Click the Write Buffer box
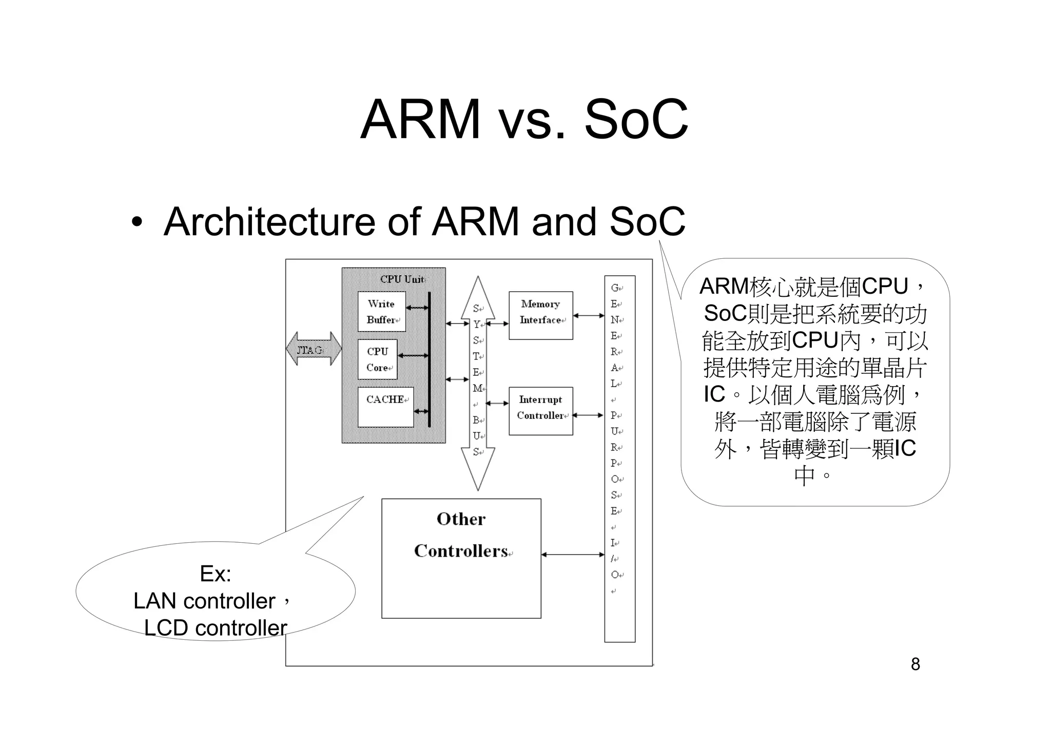[381, 311]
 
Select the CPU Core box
[377, 359]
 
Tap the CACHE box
[385, 407]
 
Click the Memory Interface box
[540, 315]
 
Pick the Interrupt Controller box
[540, 411]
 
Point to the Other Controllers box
[461, 558]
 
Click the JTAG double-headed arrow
[314, 349]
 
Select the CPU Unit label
[402, 279]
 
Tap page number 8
[915, 664]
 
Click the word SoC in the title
[636, 119]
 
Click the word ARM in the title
[420, 119]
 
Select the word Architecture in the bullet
[269, 222]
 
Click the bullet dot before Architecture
[137, 223]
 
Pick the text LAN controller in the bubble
[204, 601]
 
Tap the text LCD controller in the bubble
[216, 628]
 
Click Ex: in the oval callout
[216, 574]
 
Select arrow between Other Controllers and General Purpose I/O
[573, 555]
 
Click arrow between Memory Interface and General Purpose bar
[589, 316]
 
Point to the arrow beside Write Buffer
[417, 308]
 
